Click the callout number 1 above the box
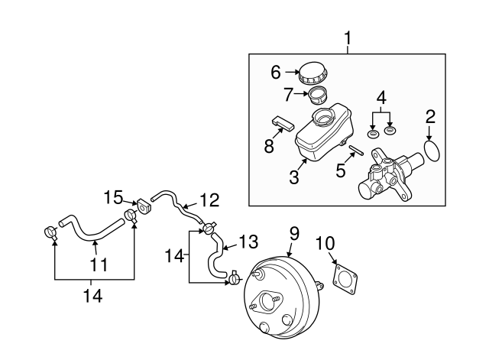point(348,37)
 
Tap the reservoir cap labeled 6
point(313,74)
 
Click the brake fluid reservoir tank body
point(321,136)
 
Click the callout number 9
point(294,233)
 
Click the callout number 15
point(113,197)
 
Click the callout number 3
point(294,179)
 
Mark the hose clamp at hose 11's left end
point(50,231)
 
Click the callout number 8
point(269,145)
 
